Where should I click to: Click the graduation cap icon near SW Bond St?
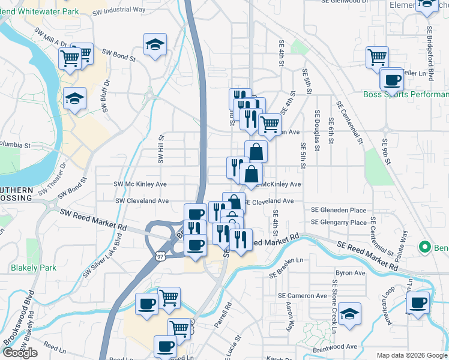coord(155,44)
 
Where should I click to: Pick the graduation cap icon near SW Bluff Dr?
coord(75,98)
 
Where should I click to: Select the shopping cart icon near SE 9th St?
coord(377,58)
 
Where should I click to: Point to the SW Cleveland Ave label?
coord(142,201)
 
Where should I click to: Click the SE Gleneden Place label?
coord(339,210)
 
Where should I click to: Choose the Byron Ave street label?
coord(351,273)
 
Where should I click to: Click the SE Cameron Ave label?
coord(302,296)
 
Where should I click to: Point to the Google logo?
coord(20,353)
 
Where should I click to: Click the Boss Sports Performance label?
coord(406,95)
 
